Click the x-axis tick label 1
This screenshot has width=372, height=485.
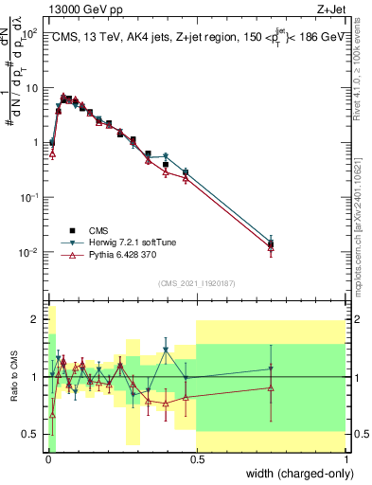click(345, 461)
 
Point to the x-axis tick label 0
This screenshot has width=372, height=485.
click(46, 461)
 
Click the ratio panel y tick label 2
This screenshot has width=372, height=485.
click(34, 319)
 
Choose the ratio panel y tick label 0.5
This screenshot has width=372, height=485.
click(30, 434)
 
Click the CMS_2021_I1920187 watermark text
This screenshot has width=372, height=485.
click(196, 283)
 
